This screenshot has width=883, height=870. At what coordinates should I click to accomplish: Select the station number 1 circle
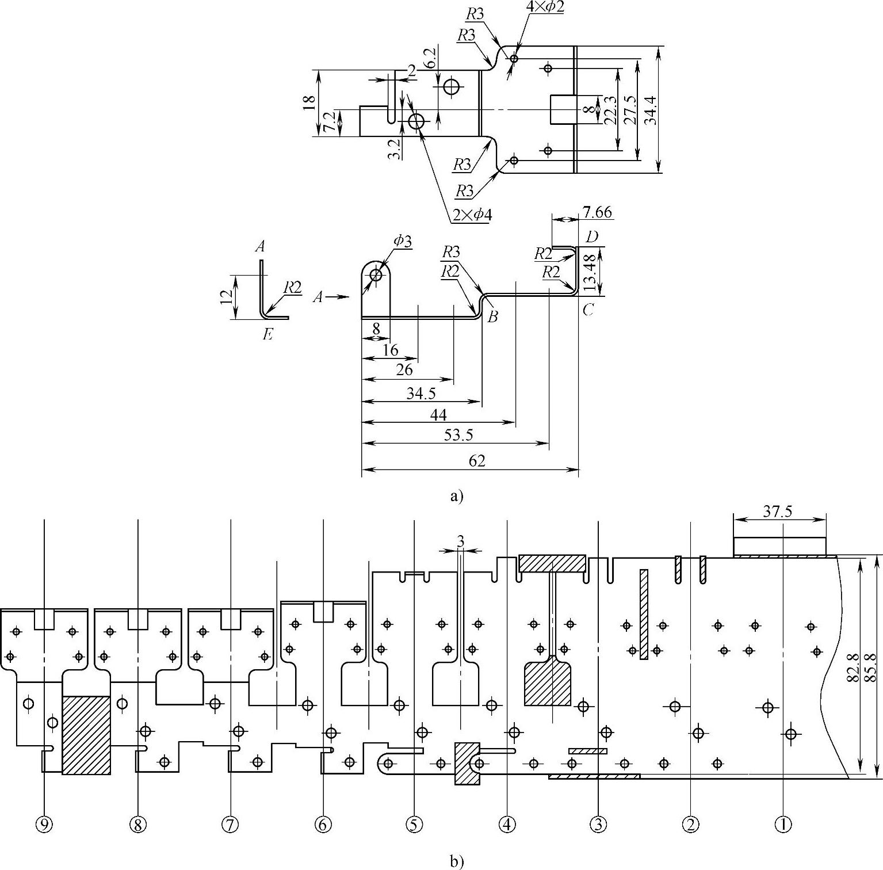coord(783,825)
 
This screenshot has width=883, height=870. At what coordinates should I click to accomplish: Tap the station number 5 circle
coord(414,825)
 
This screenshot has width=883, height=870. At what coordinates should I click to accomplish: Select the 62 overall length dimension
coord(477,461)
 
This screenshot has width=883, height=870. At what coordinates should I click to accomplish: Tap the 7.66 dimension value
coord(597,213)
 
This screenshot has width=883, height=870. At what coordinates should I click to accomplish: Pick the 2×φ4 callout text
coord(472,215)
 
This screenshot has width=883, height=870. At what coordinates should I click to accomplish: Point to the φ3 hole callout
coord(403,241)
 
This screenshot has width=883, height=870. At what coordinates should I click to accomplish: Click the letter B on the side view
coord(492,316)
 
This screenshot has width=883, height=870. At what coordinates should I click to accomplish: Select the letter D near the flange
coord(592,237)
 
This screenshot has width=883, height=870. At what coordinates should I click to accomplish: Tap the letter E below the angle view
coord(267,334)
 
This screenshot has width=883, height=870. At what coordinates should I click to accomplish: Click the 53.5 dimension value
coord(458,435)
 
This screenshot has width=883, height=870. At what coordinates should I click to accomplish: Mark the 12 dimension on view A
coord(227,296)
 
